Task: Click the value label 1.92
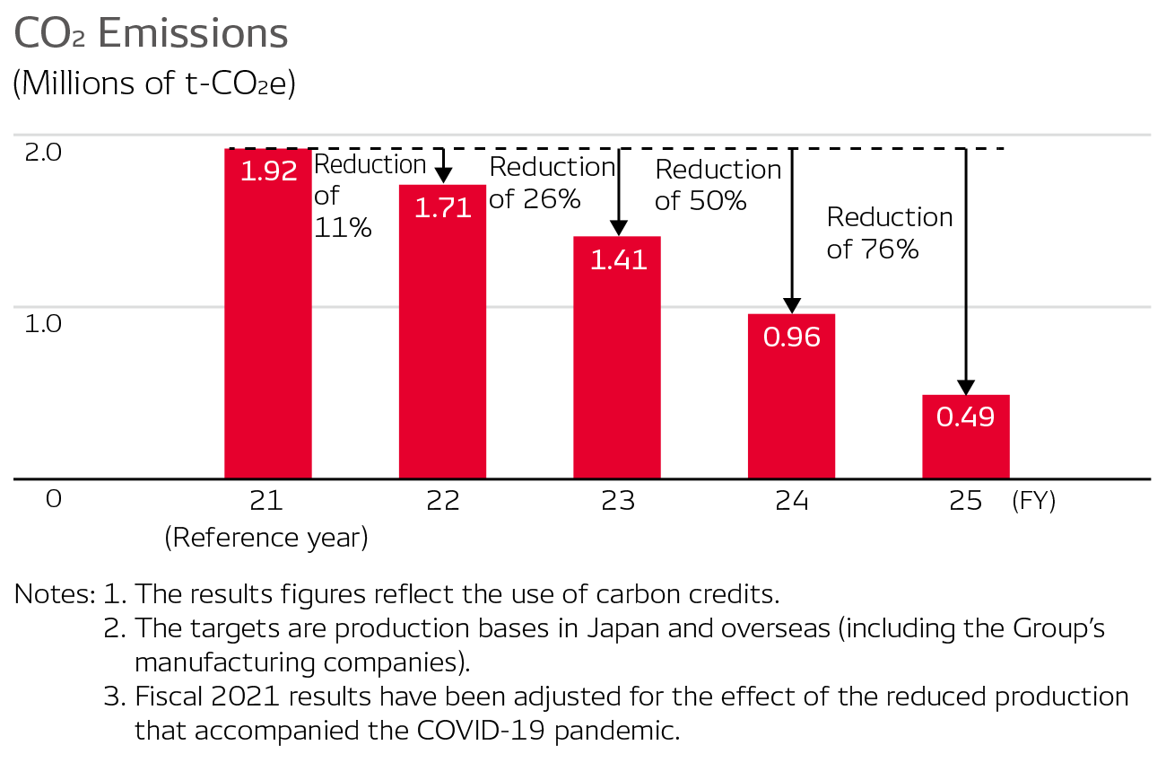tap(268, 171)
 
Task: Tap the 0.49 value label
tap(966, 417)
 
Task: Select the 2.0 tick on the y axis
tap(43, 152)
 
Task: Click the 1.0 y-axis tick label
tap(43, 323)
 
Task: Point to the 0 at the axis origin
tap(54, 499)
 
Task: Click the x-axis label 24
tap(791, 501)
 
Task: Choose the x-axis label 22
tap(442, 501)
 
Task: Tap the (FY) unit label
tap(1033, 501)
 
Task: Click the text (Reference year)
tap(266, 538)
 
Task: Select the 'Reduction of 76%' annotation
tap(889, 232)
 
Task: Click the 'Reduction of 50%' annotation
tap(718, 185)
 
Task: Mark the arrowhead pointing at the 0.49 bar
tap(965, 387)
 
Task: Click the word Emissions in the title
tap(193, 34)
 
